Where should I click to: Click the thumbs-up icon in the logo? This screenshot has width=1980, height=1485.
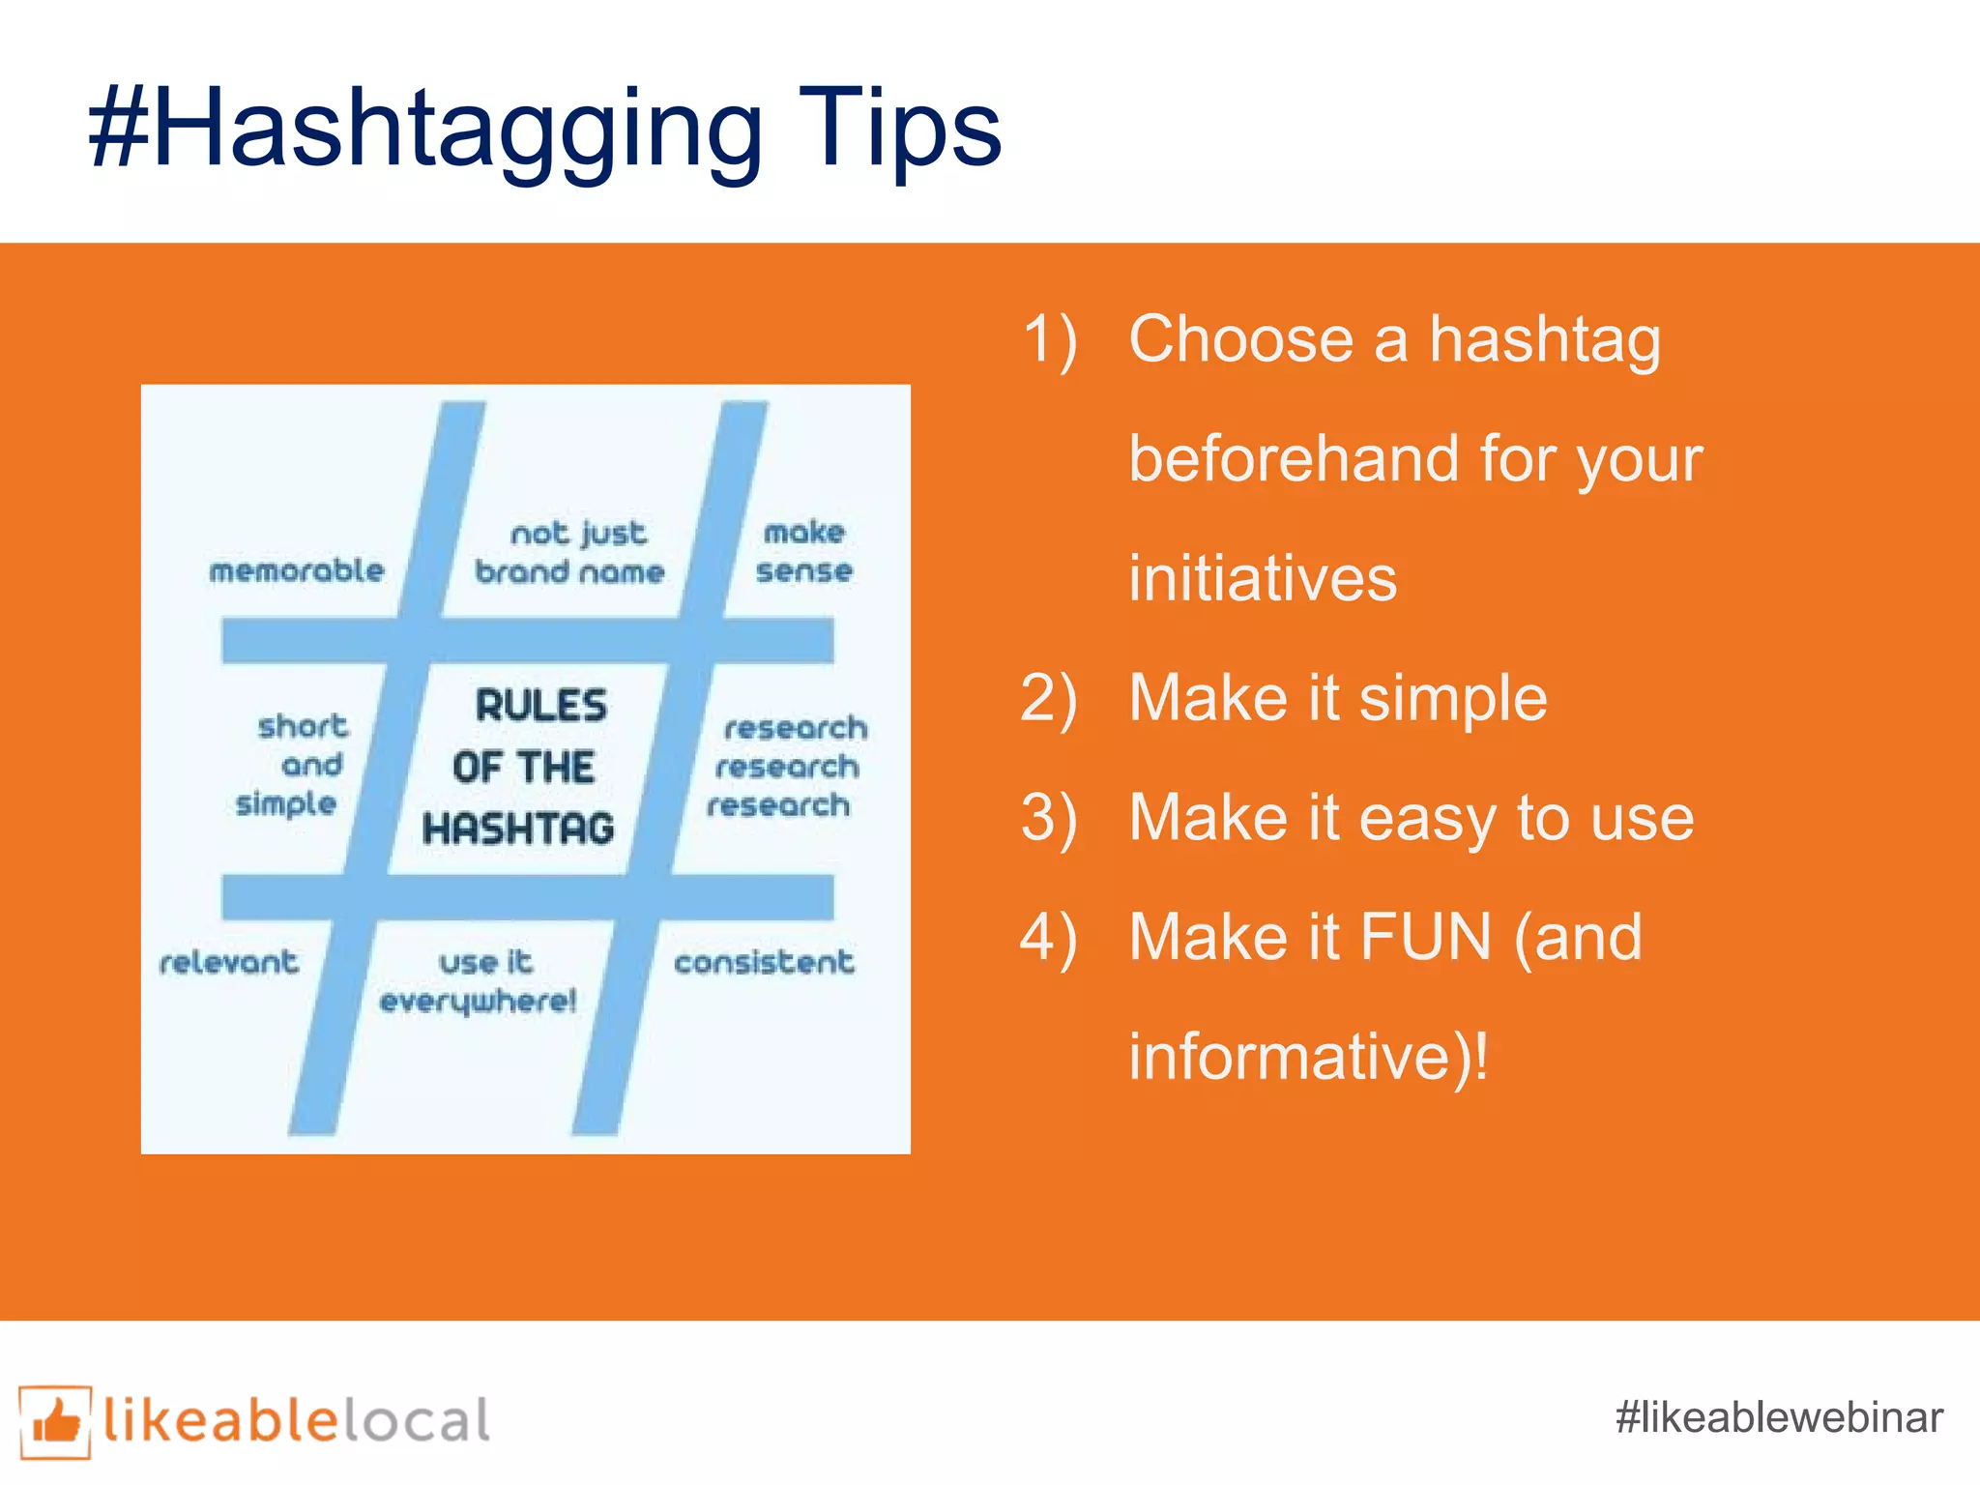click(x=55, y=1421)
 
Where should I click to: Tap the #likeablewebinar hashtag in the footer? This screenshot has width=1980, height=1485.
click(x=1778, y=1417)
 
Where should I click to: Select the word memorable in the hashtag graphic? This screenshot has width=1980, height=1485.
click(x=297, y=570)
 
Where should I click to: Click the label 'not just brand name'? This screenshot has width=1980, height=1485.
click(x=570, y=552)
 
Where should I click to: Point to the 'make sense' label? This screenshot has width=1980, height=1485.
click(x=804, y=551)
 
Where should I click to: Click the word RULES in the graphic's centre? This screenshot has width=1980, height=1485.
click(x=541, y=705)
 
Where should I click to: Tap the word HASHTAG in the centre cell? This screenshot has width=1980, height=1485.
click(x=519, y=829)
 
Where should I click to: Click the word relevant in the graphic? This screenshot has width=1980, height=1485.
click(x=229, y=962)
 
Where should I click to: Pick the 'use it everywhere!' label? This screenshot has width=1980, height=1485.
click(x=480, y=981)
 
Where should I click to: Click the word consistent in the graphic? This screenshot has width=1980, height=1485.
click(x=764, y=962)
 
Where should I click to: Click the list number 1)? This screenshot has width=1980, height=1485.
click(x=1049, y=340)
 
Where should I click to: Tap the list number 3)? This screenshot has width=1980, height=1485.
click(x=1049, y=818)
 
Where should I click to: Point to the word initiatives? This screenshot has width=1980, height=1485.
click(x=1263, y=578)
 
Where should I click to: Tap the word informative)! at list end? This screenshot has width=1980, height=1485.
click(x=1308, y=1057)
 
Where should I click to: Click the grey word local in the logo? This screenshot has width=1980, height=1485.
click(x=417, y=1421)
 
